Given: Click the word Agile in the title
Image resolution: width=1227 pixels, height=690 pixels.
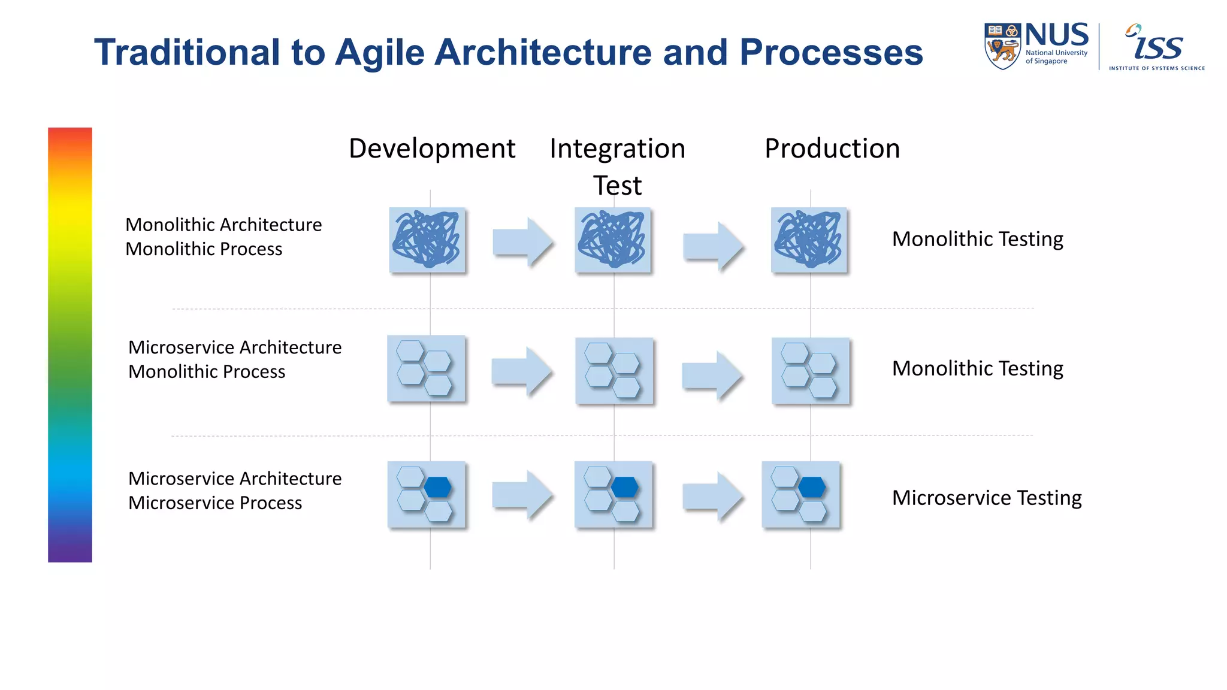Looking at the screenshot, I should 379,53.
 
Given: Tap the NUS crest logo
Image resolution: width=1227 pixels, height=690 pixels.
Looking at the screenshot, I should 1002,46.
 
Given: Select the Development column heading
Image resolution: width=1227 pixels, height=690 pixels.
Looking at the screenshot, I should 431,149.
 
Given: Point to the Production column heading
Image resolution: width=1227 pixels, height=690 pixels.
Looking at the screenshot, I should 832,149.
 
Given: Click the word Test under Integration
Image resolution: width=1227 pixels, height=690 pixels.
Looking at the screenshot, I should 617,186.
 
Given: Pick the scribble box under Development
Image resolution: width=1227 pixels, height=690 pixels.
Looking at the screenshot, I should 427,240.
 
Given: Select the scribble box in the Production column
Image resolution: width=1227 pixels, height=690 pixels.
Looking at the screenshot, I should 809,240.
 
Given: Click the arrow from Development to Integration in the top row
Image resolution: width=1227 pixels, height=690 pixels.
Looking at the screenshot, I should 521,242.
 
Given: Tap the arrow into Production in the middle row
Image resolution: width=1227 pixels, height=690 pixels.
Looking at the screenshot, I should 711,375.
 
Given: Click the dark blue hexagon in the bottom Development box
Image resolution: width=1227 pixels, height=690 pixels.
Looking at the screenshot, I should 438,487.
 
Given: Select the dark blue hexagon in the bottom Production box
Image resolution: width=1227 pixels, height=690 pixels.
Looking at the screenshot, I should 812,487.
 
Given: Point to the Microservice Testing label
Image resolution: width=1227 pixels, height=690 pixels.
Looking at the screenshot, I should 986,498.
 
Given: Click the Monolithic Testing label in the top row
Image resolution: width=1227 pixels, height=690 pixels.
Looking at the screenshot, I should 977,239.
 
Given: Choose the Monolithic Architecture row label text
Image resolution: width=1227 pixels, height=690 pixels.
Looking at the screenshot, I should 223,225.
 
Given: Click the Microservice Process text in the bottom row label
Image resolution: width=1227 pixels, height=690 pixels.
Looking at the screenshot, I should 215,503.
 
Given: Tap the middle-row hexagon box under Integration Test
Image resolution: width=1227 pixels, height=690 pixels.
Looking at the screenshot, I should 613,371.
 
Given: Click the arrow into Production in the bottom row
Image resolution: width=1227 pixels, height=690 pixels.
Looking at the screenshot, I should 712,496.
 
